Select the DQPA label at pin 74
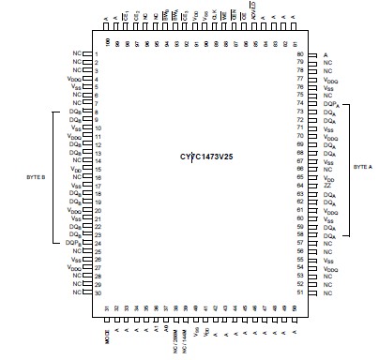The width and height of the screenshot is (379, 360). [329, 102]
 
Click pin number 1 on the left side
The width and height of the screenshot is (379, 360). [98, 54]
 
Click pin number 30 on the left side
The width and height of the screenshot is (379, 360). [98, 293]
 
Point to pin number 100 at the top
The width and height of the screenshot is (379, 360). [107, 42]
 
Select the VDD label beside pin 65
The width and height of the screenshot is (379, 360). [328, 177]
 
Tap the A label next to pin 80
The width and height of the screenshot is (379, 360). [326, 55]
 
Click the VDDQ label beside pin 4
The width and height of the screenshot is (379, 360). [76, 80]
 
